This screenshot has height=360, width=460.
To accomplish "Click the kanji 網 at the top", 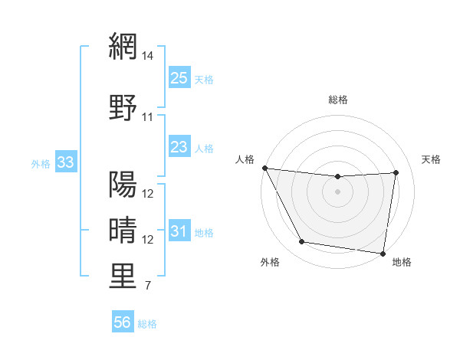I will pyautogui.click(x=123, y=47).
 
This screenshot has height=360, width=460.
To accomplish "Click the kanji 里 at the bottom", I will pyautogui.click(x=123, y=277).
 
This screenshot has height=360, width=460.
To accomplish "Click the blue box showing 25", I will pyautogui.click(x=179, y=77).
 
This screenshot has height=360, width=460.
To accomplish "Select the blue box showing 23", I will pyautogui.click(x=179, y=147).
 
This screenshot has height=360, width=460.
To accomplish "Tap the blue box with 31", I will pyautogui.click(x=179, y=231).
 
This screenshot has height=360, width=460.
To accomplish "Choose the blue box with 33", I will pyautogui.click(x=65, y=162).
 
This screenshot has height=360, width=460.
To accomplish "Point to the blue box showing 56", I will pyautogui.click(x=123, y=322).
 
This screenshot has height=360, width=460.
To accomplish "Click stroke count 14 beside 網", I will pyautogui.click(x=148, y=56).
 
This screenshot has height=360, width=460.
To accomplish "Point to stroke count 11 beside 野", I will pyautogui.click(x=148, y=117).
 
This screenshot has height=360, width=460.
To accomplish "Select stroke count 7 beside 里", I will pyautogui.click(x=148, y=286).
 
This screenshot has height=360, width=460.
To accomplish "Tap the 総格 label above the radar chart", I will pyautogui.click(x=338, y=100).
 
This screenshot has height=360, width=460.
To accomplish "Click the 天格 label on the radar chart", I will pyautogui.click(x=431, y=159).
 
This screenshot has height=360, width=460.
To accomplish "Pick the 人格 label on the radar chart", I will pyautogui.click(x=245, y=159).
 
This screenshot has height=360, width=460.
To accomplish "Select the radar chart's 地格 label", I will pyautogui.click(x=402, y=262).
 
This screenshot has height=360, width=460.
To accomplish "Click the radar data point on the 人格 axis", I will pyautogui.click(x=265, y=168).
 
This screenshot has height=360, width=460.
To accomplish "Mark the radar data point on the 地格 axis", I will pyautogui.click(x=383, y=253).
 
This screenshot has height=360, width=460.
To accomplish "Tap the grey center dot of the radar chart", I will pyautogui.click(x=338, y=191).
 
